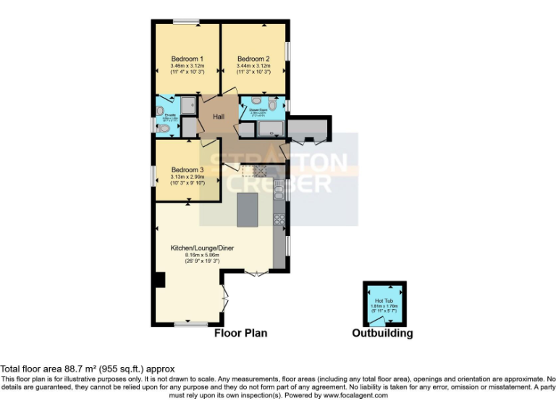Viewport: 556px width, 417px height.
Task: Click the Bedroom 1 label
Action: coord(187,59)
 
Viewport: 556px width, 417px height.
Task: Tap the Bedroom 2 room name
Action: coord(253,59)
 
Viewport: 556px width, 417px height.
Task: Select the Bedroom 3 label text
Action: coord(188,170)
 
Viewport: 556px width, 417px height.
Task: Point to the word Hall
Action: coord(219,117)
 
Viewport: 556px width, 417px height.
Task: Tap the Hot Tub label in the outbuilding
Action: coord(384,300)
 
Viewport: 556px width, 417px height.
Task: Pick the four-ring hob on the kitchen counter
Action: coord(279,217)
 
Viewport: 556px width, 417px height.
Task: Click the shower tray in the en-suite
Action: coord(188,106)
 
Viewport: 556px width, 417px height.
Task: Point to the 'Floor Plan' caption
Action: coord(240,333)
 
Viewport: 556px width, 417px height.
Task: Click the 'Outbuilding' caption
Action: coord(382,333)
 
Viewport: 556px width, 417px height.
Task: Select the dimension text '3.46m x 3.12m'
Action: coord(187,66)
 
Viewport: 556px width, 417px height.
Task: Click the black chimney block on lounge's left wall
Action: coord(160,279)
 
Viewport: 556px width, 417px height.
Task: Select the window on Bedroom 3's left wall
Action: coord(153,176)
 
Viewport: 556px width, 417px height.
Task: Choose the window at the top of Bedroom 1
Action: coord(187,22)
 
